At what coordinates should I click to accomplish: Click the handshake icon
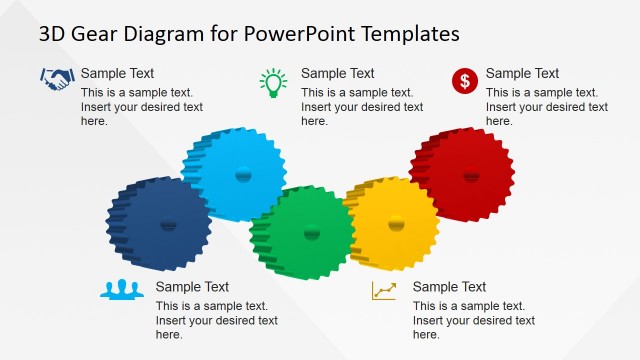[57, 77]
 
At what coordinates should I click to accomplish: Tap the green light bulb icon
[272, 82]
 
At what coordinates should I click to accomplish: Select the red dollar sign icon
[464, 81]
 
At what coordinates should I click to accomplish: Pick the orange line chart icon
[383, 290]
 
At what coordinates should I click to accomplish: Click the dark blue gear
[158, 223]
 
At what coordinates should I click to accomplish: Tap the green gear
[305, 231]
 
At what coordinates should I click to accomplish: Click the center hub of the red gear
[471, 176]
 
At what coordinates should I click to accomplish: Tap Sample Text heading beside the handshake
[117, 73]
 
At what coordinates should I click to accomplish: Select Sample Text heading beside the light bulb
[337, 73]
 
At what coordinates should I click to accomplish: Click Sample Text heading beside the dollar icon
[522, 73]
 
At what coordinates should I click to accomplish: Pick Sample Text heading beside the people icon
[192, 287]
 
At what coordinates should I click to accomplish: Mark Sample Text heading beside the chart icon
[449, 287]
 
